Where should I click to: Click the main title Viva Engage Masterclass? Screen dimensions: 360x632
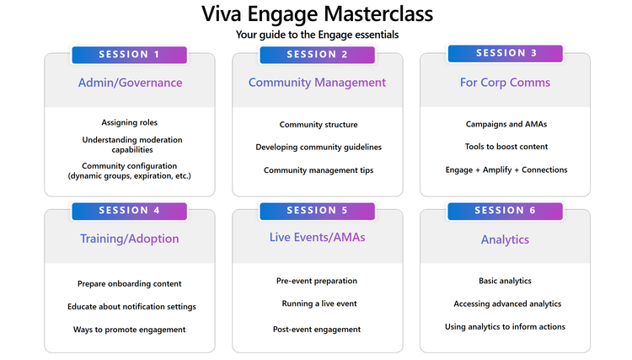[x=317, y=15]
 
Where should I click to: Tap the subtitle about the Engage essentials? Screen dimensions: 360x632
[x=317, y=35]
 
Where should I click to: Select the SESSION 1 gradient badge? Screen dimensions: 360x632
[x=130, y=55]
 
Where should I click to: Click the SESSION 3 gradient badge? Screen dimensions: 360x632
[x=506, y=53]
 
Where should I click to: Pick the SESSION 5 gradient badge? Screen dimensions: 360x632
[x=317, y=211]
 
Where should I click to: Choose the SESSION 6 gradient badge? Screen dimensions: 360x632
[x=506, y=211]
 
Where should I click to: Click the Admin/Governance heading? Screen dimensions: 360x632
[x=130, y=83]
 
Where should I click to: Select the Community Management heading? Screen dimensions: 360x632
[x=317, y=83]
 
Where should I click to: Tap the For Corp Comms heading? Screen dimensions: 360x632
[x=506, y=83]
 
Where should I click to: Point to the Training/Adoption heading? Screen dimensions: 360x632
[x=130, y=239]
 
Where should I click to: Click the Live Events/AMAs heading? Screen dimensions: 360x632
[x=317, y=238]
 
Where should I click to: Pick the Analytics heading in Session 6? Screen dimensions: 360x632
[x=506, y=239]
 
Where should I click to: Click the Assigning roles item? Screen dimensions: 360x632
[x=130, y=123]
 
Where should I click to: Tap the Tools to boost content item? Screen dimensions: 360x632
[x=506, y=147]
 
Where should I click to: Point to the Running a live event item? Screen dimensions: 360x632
[x=317, y=303]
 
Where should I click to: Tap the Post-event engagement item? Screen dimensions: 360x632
[x=317, y=330]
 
